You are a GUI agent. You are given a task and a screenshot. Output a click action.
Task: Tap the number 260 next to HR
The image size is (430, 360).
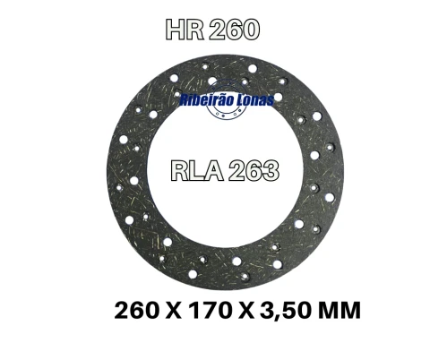[233, 30]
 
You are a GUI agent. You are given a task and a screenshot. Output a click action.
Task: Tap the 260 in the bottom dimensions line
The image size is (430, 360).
[140, 313]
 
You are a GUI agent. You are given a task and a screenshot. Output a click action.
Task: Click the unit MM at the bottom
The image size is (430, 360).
[340, 313]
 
